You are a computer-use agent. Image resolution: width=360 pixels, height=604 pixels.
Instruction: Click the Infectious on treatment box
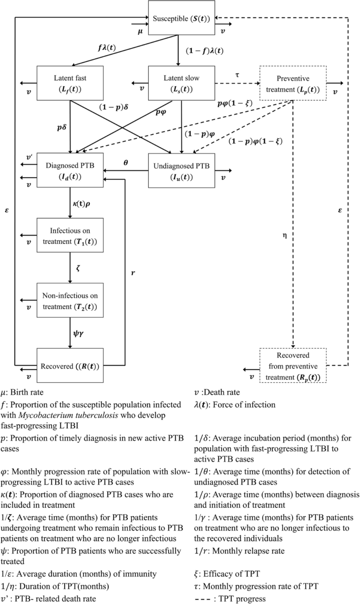pos(70,236)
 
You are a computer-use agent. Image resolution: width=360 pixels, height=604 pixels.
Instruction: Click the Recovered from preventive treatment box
pos(293,365)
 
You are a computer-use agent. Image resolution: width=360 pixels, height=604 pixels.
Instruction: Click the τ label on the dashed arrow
pos(237,75)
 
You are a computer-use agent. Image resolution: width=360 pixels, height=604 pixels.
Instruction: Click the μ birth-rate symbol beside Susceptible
pos(140,32)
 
